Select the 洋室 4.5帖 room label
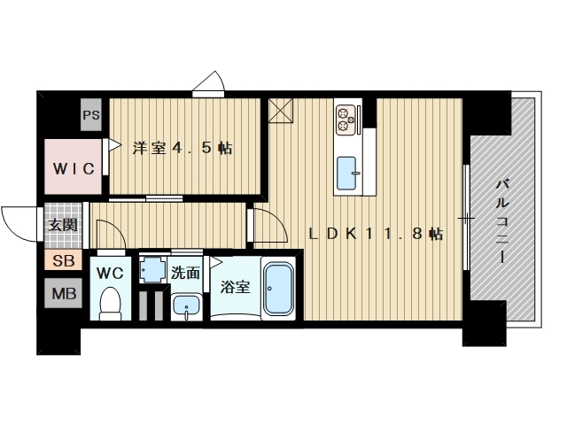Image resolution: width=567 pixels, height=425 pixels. [183, 148]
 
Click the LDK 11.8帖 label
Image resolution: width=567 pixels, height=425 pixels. [375, 234]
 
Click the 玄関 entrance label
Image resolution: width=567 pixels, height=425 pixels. [63, 225]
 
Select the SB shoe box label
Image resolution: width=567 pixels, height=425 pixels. [63, 260]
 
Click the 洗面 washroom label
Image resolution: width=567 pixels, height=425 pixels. [186, 273]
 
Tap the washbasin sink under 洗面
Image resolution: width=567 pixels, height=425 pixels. [186, 307]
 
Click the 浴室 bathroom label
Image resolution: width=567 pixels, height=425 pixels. [235, 287]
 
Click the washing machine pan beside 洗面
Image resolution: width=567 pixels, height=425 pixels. [154, 269]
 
